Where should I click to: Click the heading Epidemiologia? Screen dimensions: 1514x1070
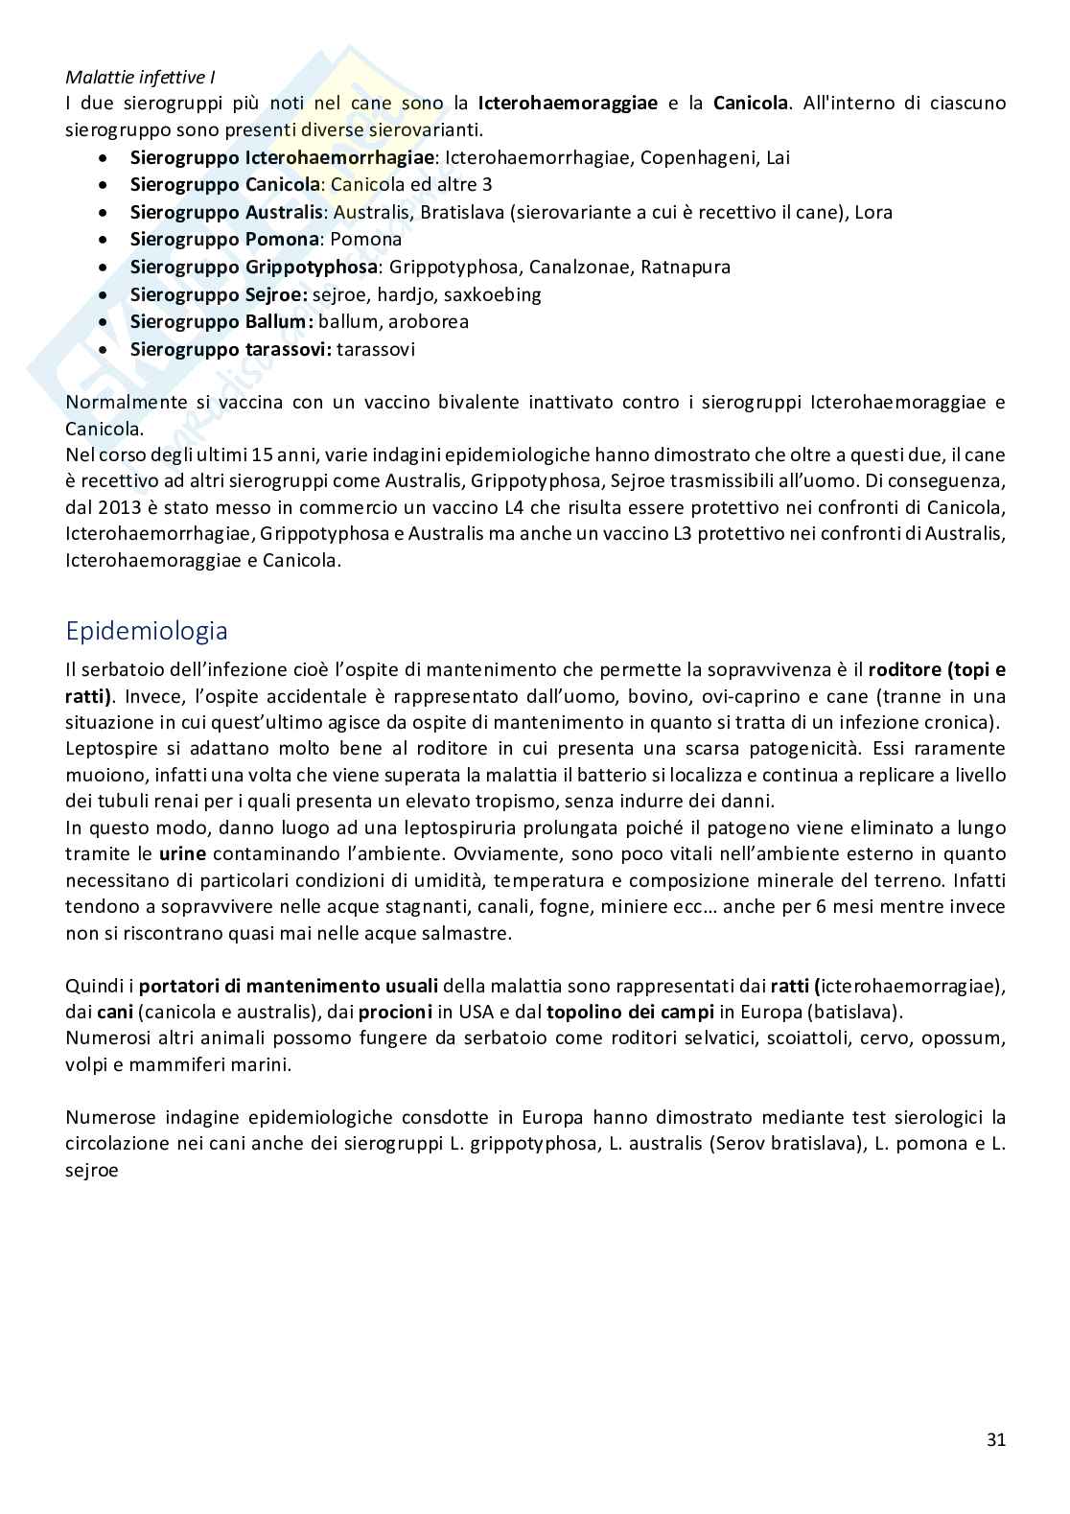pyautogui.click(x=147, y=632)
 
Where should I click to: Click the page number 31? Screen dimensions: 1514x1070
pyautogui.click(x=995, y=1439)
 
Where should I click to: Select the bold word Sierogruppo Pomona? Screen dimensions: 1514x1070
pyautogui.click(x=224, y=240)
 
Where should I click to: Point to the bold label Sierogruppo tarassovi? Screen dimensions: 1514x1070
pyautogui.click(x=231, y=349)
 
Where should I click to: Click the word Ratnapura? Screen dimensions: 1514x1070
pyautogui.click(x=686, y=267)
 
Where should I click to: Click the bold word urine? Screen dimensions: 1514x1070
pyautogui.click(x=182, y=853)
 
